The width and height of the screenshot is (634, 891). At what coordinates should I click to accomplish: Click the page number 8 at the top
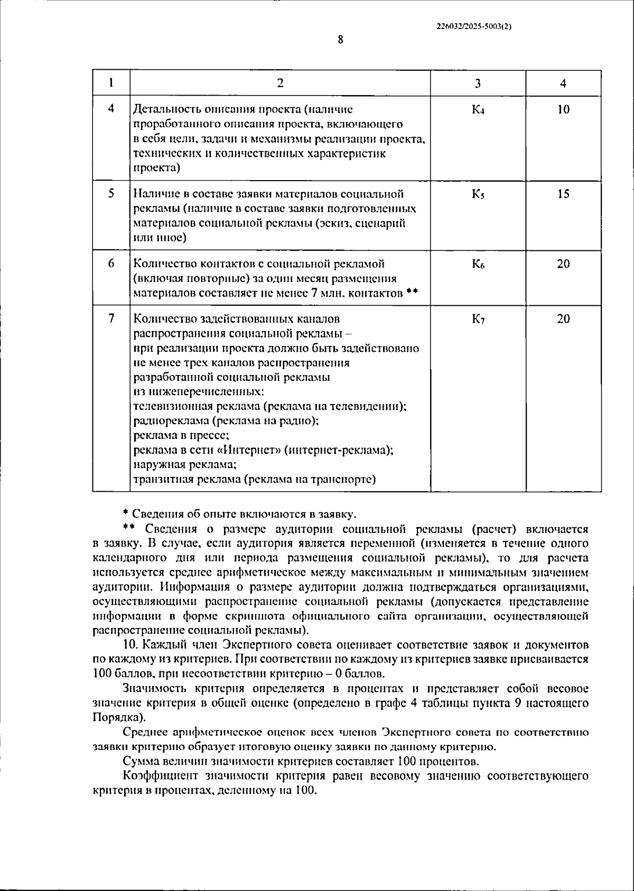340,40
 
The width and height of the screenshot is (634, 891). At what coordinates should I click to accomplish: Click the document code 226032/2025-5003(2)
474,26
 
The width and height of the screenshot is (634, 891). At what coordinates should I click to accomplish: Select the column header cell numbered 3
478,83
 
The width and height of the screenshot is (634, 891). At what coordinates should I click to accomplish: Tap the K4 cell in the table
478,110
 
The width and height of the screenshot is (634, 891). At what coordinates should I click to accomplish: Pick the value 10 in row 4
563,110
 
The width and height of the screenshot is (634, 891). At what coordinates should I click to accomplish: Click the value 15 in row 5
563,194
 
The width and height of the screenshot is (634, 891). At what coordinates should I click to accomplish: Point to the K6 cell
478,264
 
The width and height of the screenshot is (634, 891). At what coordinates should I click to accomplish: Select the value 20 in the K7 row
563,319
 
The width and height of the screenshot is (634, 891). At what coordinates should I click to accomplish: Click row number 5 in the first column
111,194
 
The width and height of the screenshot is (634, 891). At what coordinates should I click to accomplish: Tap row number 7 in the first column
111,319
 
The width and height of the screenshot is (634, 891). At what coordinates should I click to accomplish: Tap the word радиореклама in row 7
167,421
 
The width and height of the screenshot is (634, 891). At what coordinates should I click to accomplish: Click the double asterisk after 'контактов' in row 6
413,293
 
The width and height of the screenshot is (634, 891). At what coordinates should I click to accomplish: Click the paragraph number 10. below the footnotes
130,645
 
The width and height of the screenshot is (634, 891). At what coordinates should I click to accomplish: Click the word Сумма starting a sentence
139,762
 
